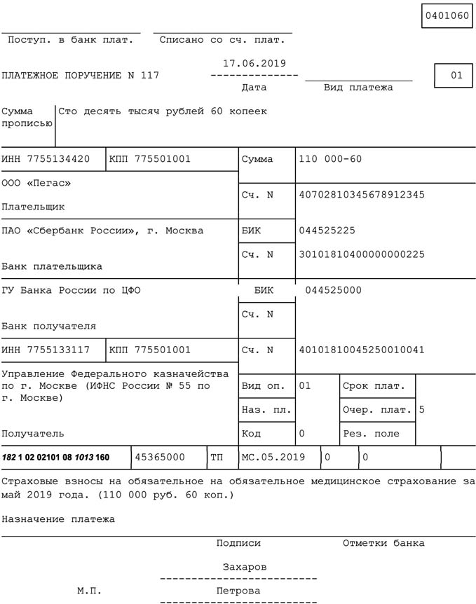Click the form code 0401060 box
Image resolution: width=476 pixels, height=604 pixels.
point(447,15)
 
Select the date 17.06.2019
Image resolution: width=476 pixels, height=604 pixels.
point(254,63)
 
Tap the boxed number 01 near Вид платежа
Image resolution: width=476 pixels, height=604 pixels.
point(456,76)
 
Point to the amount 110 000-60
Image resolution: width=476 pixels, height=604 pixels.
point(329,159)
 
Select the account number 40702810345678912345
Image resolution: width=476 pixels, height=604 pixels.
point(361,195)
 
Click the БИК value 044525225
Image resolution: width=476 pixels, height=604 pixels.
point(327,231)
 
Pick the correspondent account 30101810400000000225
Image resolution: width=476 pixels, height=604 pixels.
point(361,254)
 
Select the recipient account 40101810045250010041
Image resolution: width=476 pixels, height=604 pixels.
point(361,350)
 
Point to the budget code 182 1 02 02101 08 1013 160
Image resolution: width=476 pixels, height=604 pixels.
point(56,458)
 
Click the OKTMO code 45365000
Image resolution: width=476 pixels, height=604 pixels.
point(160,458)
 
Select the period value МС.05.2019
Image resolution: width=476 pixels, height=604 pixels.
point(273,458)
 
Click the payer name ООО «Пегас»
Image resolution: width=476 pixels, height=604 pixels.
point(36,184)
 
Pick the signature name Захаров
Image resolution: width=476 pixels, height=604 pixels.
point(244,567)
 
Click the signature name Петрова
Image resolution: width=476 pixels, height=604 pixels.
point(238,591)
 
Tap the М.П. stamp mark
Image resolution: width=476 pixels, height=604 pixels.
point(89,591)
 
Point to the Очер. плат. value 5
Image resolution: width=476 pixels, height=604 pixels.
point(421,409)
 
